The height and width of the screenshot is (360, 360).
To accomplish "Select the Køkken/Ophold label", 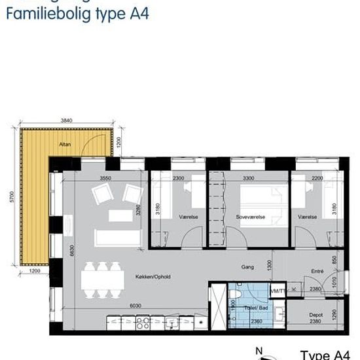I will tap(154, 277).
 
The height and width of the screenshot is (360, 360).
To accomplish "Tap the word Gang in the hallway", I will tap(247, 267).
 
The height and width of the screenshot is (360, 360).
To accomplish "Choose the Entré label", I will tap(317, 271).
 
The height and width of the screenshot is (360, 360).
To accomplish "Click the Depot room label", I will tap(316, 314).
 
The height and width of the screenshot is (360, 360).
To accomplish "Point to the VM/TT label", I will tap(278, 291).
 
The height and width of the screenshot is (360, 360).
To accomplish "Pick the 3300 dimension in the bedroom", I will tap(248, 177).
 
